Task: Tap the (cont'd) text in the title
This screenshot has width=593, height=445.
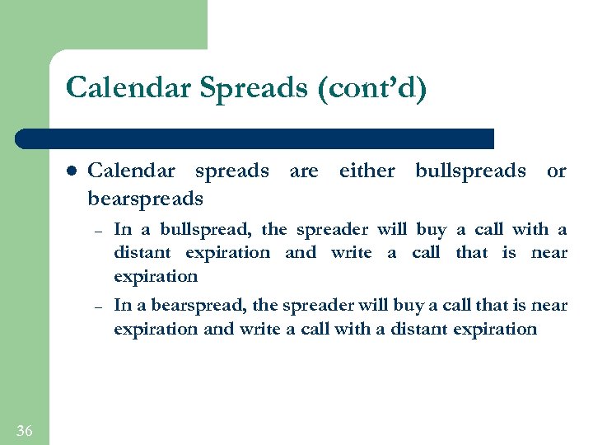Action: click(371, 87)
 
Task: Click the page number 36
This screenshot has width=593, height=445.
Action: click(24, 430)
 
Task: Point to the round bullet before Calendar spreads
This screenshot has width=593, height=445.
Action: click(72, 171)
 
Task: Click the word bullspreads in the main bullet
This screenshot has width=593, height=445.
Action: click(470, 171)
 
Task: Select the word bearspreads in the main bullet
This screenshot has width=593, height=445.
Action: click(145, 199)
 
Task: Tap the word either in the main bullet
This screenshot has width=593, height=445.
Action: click(367, 171)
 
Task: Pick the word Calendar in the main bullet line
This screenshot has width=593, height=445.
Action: click(131, 171)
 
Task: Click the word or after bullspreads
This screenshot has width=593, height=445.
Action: click(557, 171)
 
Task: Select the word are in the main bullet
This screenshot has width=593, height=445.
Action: click(303, 171)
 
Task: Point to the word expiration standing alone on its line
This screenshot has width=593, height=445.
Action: click(156, 276)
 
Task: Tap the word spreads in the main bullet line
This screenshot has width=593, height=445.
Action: click(231, 171)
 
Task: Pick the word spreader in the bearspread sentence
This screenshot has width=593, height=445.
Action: click(314, 305)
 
